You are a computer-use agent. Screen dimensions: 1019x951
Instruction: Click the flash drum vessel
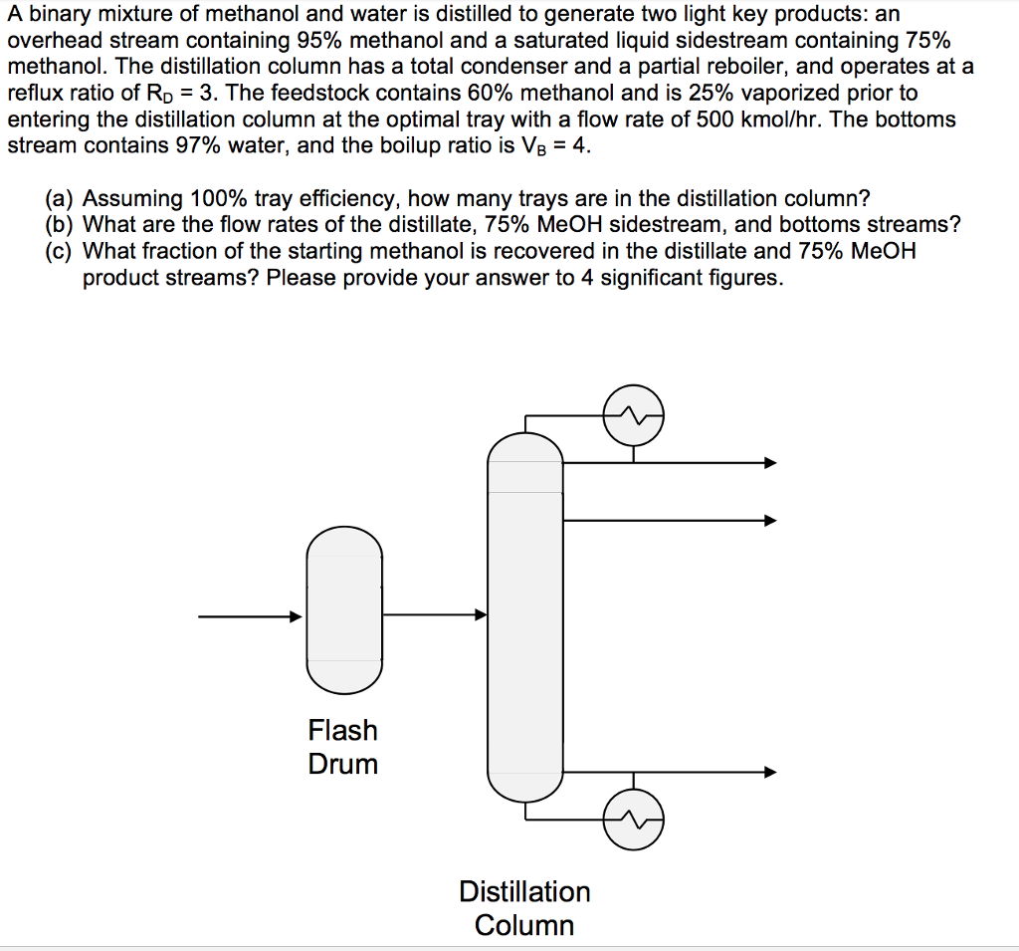[x=343, y=608]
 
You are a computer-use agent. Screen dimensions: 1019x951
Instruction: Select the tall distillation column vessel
[x=524, y=617]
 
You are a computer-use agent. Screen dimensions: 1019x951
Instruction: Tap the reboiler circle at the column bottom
[x=634, y=820]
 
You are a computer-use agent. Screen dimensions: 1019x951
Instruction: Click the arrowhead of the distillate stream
[x=769, y=462]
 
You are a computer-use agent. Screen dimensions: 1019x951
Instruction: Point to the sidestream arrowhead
[x=769, y=520]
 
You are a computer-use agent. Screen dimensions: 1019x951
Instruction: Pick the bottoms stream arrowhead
[x=769, y=772]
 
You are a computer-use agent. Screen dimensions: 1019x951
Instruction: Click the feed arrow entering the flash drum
[x=295, y=616]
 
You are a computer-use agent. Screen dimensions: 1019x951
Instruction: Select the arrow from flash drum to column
[x=482, y=615]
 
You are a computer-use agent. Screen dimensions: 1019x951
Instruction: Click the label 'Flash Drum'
[x=342, y=747]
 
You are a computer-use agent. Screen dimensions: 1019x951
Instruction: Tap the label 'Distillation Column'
[x=524, y=907]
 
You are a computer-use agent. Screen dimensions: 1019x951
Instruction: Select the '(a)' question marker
[x=61, y=197]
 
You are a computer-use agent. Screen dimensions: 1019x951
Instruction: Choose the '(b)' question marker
[x=61, y=224]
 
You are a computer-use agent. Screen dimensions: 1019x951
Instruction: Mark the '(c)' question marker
[x=61, y=251]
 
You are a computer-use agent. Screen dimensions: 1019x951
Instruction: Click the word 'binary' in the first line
[x=61, y=16]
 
